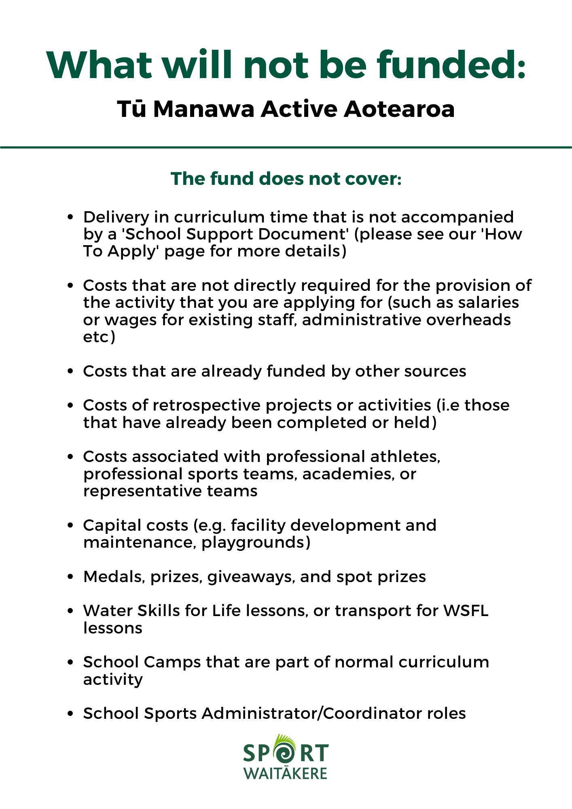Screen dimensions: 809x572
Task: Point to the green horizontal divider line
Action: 286,147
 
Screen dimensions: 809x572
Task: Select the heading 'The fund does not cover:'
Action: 286,179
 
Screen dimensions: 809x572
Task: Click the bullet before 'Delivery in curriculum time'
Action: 70,218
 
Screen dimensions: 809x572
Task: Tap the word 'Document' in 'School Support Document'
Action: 304,234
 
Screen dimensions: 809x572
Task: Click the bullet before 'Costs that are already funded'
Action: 70,371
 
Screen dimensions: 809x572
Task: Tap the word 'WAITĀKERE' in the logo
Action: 285,773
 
